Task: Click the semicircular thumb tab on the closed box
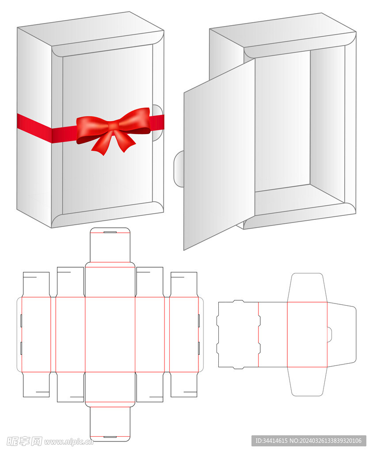tap(158, 123)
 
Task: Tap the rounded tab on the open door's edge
tap(179, 169)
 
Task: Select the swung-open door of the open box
tap(219, 154)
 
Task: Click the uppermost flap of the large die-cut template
tap(110, 245)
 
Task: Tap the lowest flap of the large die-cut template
tap(110, 424)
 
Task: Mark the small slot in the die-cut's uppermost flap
tap(110, 232)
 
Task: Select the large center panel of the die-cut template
tap(110, 334)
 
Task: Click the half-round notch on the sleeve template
tap(329, 334)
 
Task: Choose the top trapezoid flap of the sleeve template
tap(307, 288)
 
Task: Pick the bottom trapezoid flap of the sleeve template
tap(307, 381)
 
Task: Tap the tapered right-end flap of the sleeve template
tap(342, 334)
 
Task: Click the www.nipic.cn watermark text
tap(69, 442)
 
